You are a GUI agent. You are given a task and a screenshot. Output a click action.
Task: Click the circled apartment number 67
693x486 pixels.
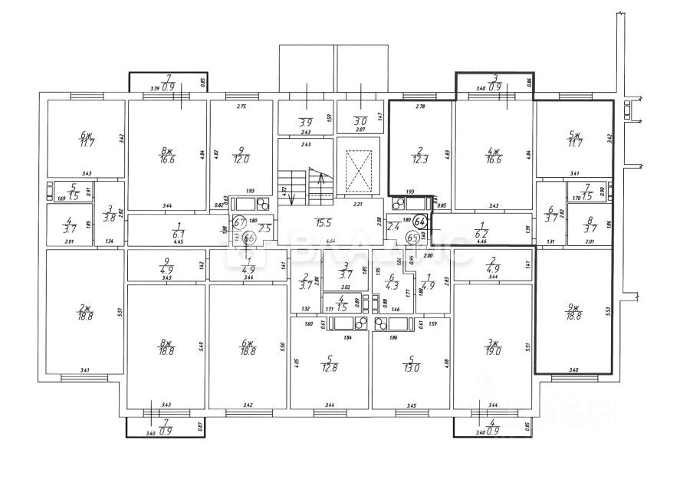pyautogui.click(x=239, y=222)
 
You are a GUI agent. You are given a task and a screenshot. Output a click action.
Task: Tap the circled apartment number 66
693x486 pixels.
pyautogui.click(x=248, y=238)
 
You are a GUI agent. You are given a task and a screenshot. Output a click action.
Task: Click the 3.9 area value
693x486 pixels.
pyautogui.click(x=305, y=123)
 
